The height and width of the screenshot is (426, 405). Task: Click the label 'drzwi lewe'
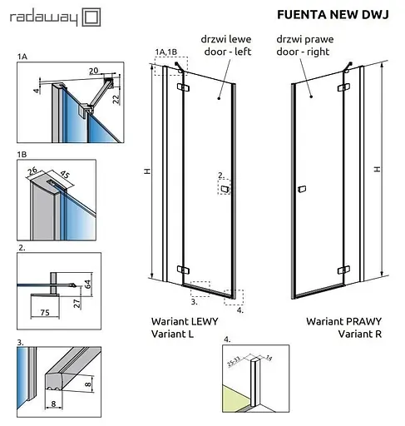tap(220, 39)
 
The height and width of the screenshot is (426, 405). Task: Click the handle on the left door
tap(224, 190)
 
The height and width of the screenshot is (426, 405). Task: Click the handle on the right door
tap(304, 190)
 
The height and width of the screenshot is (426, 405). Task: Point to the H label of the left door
tap(146, 171)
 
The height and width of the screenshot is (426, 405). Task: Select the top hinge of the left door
tap(182, 86)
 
